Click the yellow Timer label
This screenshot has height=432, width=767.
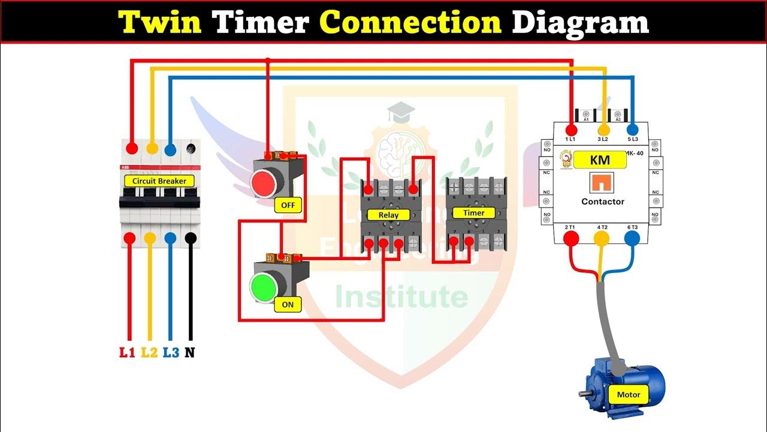pos(473,212)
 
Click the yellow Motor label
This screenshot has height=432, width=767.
pos(629,394)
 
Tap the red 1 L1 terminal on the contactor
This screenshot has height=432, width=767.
pos(570,130)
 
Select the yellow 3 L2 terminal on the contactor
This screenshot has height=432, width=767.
pos(603,130)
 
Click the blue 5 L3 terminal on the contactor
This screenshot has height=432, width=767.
pos(632,130)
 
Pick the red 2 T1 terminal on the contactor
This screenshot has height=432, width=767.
pos(571,239)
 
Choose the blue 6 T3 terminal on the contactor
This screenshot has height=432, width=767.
pos(632,239)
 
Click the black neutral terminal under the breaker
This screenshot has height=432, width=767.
pos(191,238)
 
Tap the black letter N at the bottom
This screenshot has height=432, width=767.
pos(190,353)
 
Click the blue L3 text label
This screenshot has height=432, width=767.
pos(171,353)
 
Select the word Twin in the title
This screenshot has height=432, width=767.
pos(161,22)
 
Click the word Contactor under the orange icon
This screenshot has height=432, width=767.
pos(603,202)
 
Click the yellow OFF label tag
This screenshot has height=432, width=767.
pos(288,205)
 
